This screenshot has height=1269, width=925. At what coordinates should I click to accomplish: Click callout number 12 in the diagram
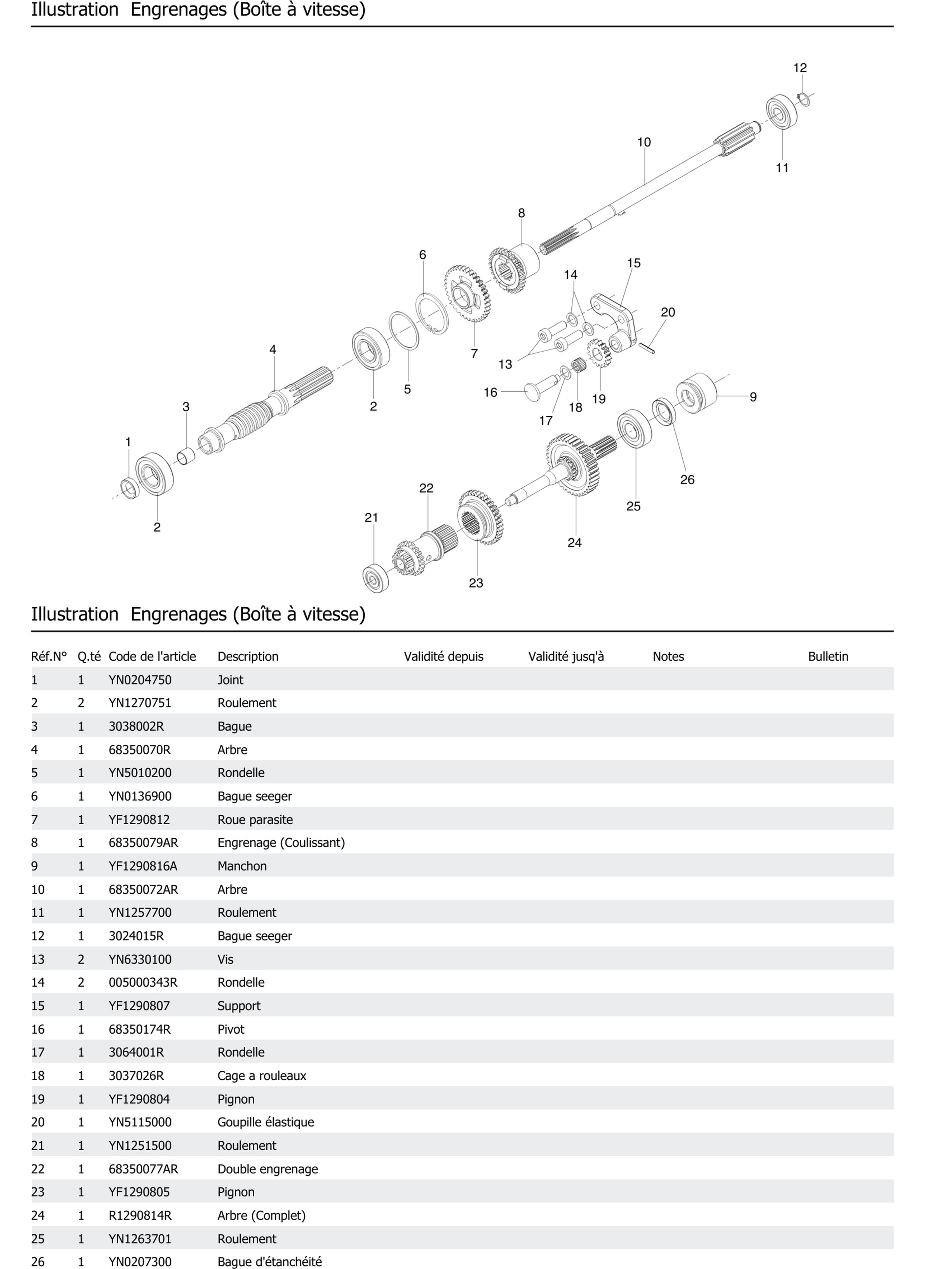coord(800,68)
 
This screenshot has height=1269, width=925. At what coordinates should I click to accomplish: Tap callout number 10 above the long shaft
coord(644,142)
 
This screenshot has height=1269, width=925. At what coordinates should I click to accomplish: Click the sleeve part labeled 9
coord(697,393)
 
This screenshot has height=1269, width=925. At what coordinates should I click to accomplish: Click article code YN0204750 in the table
coord(140,680)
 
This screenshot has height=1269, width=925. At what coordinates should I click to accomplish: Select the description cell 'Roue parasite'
coord(255,820)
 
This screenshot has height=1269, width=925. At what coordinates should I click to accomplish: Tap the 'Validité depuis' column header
coord(443,656)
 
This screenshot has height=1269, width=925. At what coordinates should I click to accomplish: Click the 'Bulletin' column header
coord(828,656)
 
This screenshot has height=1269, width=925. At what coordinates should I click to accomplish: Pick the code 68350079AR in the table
coord(143,843)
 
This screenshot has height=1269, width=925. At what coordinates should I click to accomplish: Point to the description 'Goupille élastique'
coord(266,1122)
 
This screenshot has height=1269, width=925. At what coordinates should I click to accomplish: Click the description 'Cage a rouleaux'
coord(262,1075)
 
